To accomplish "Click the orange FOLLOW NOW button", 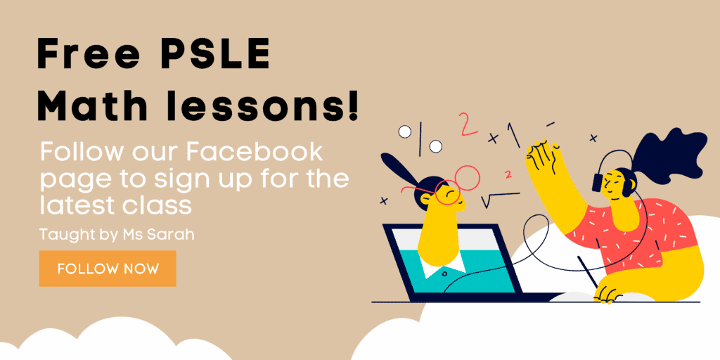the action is click(x=108, y=268).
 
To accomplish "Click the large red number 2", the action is click(x=469, y=124).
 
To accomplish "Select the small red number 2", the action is click(x=508, y=174).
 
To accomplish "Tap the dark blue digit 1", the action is click(x=513, y=136).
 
